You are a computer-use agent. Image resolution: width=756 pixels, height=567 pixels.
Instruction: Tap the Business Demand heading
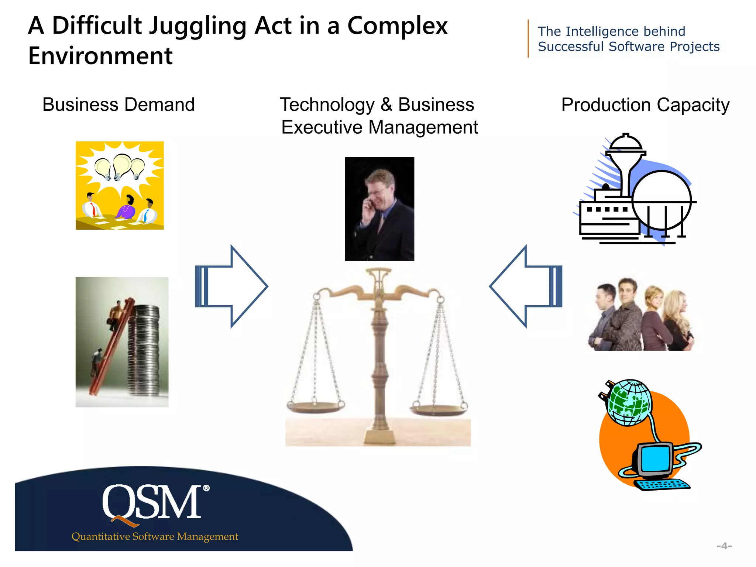[x=118, y=104]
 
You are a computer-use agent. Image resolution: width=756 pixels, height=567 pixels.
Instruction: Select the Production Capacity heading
[x=645, y=105]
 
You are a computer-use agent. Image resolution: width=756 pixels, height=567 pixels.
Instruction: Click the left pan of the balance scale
[x=316, y=406]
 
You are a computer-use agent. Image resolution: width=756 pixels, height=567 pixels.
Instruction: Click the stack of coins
[x=144, y=351]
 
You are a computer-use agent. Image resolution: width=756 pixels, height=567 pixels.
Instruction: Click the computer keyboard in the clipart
[x=663, y=484]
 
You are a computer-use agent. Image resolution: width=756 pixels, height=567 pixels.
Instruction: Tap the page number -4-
[x=724, y=546]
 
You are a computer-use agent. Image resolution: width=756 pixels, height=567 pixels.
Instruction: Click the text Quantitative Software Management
[x=155, y=536]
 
